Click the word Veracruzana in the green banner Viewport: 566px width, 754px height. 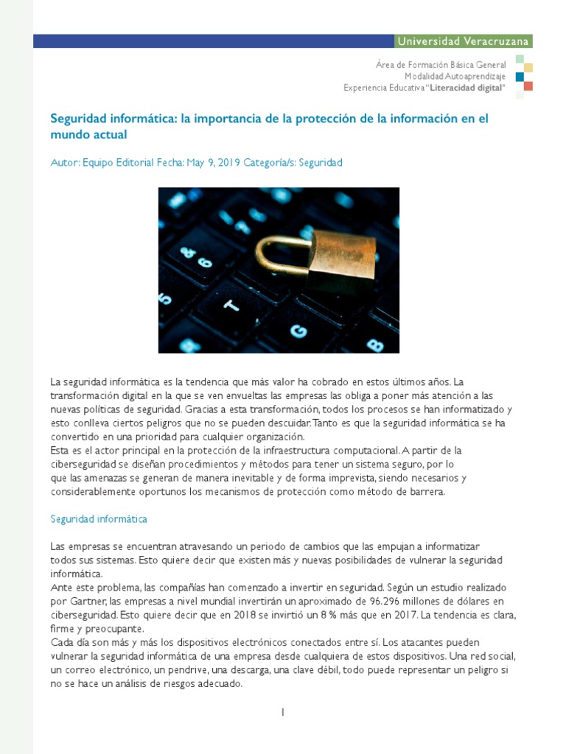[495, 41]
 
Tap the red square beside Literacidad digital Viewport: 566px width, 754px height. [528, 86]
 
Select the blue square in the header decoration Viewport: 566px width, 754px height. [520, 77]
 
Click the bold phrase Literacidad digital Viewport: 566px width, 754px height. [465, 88]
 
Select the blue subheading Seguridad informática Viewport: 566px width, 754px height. [99, 519]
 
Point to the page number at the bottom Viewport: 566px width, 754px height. [282, 712]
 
